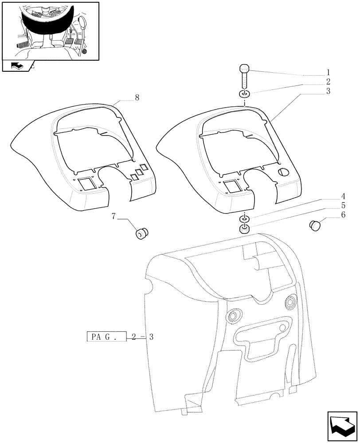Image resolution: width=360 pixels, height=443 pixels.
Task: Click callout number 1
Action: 328,72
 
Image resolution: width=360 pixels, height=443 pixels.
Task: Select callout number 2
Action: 328,82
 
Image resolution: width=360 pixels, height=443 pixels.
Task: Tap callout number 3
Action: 328,91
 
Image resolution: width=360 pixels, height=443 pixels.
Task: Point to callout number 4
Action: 331,196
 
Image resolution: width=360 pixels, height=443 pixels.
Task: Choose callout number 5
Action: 331,206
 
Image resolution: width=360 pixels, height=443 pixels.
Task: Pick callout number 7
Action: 114,216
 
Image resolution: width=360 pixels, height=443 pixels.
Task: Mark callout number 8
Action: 137,98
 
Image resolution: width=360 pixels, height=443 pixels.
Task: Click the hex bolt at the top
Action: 244,78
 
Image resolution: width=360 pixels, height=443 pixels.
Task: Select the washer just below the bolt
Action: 244,94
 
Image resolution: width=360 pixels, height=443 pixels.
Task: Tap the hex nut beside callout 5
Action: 244,229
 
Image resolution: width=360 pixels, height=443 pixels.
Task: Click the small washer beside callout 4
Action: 244,219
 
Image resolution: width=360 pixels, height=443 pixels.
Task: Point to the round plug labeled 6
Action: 315,225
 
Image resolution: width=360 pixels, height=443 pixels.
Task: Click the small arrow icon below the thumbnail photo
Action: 16,66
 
